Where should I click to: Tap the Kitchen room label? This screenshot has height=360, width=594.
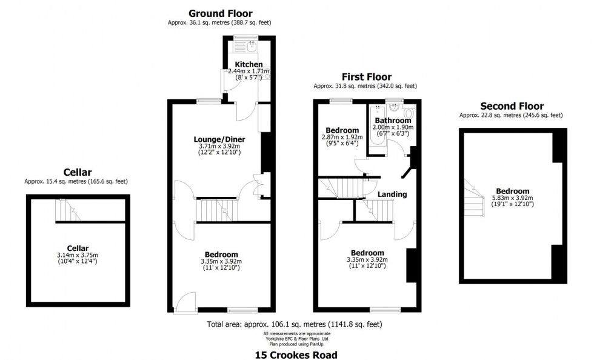249,64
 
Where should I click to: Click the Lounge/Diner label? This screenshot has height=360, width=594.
219,139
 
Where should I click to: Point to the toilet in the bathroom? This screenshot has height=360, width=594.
409,112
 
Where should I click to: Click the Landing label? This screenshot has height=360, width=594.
392,195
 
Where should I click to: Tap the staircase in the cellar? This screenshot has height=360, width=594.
68,210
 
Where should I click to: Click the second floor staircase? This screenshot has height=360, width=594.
474,198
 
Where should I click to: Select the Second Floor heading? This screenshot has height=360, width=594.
512,106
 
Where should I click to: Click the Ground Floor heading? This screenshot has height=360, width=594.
221,14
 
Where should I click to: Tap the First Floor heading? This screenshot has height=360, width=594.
367,77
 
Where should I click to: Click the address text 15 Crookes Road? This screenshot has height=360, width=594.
296,355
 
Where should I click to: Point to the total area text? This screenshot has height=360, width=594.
295,324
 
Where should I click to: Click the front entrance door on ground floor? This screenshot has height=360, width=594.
185,303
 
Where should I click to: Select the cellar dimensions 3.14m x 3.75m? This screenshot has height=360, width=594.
78,255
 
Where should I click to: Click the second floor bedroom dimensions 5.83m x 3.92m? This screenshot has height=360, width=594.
513,198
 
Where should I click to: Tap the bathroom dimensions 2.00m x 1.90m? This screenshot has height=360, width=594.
393,127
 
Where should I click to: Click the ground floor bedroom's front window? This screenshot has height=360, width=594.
243,310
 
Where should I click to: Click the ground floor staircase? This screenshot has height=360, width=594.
217,210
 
